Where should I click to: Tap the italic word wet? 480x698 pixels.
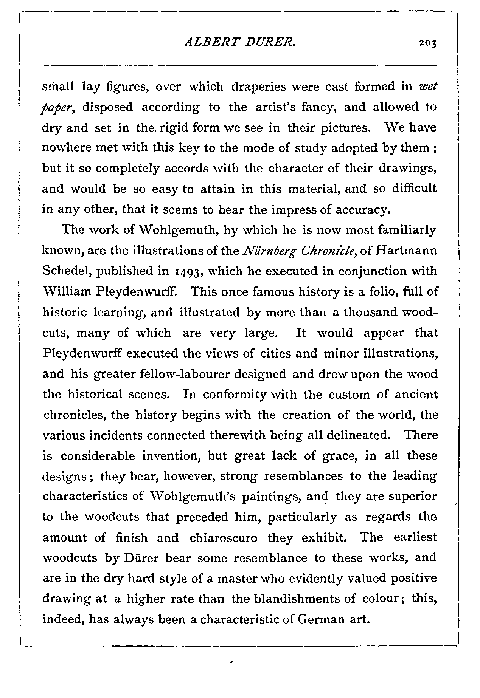pyautogui.click(x=428, y=87)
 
